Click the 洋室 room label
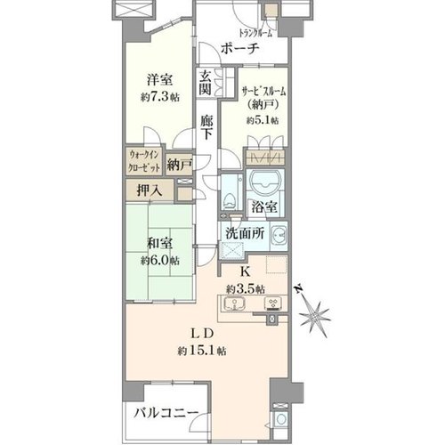(159, 81)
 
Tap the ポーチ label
(240, 49)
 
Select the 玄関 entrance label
(205, 84)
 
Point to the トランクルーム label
(255, 34)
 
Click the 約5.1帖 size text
(263, 120)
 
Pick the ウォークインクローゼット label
(144, 161)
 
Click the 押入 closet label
(150, 190)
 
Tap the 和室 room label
(160, 244)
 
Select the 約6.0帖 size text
(160, 261)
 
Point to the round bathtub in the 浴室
(265, 182)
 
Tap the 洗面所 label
(245, 233)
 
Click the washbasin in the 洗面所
(279, 235)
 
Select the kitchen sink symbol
(234, 303)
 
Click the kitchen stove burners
(273, 303)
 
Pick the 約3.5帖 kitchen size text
(246, 288)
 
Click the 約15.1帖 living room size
(202, 352)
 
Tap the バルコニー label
(166, 413)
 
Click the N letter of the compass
(299, 288)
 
